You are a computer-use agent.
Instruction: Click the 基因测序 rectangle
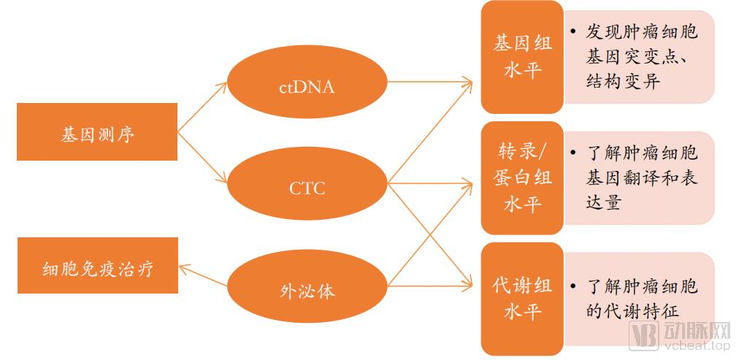click(x=97, y=132)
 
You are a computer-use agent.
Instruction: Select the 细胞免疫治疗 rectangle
click(x=97, y=266)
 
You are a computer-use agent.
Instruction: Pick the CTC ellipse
click(x=307, y=188)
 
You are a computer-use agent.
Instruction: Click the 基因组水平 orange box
click(x=522, y=57)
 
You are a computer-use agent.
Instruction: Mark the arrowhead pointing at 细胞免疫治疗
click(x=183, y=269)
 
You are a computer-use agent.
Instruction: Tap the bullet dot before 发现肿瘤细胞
click(x=574, y=32)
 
